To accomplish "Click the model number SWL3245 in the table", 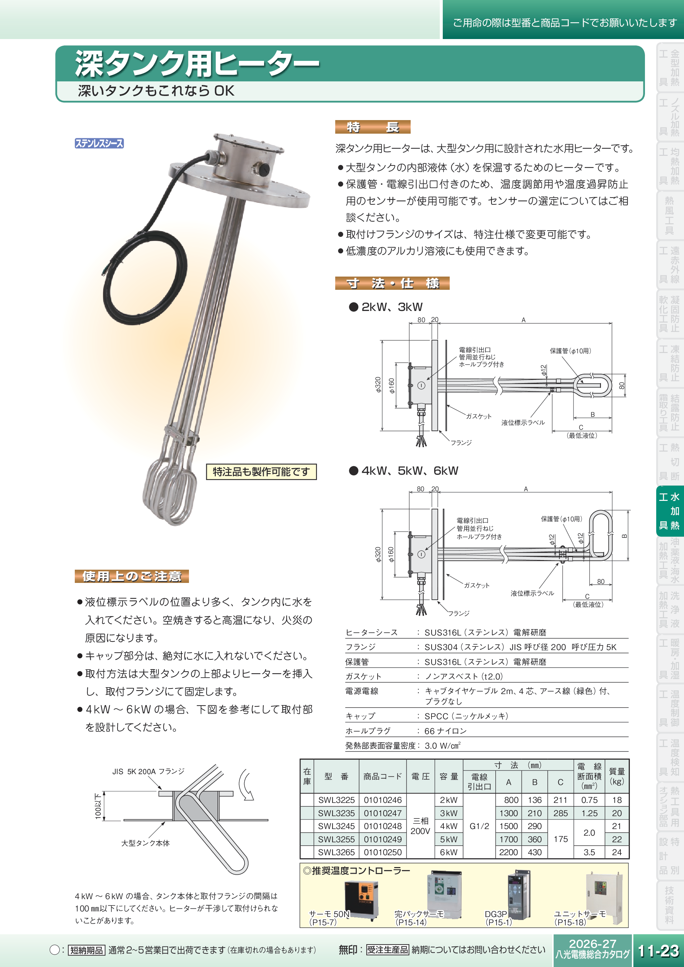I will pyautogui.click(x=336, y=826).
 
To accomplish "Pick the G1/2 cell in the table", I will pyautogui.click(x=479, y=826).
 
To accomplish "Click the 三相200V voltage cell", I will pyautogui.click(x=420, y=826).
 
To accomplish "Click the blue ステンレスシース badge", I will pyautogui.click(x=99, y=143).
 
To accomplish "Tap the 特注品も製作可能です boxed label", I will pyautogui.click(x=261, y=472).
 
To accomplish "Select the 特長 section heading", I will pyautogui.click(x=372, y=127).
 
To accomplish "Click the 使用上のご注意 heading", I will pyautogui.click(x=131, y=576).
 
